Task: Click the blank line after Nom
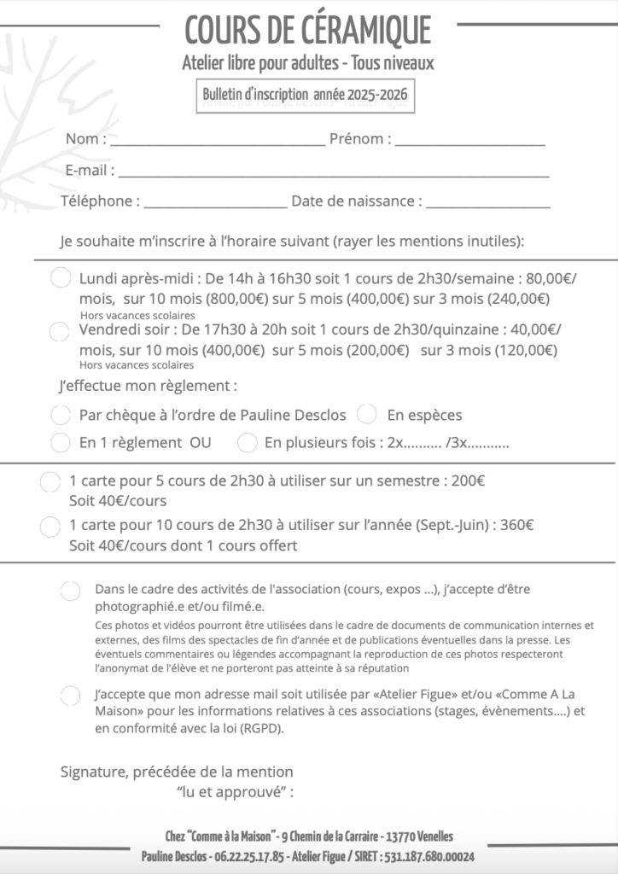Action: click(x=217, y=143)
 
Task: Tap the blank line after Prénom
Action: click(x=469, y=143)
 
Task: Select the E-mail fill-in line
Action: click(x=333, y=174)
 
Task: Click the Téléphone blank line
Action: click(x=215, y=206)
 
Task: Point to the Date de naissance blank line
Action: click(x=488, y=206)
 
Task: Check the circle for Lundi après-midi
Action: click(x=61, y=278)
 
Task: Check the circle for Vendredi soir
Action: click(x=61, y=330)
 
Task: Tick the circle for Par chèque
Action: click(x=61, y=416)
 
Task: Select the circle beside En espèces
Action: click(x=367, y=415)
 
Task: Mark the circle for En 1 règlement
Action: click(x=61, y=443)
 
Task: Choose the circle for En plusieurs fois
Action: click(x=248, y=443)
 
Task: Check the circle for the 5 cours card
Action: click(x=50, y=482)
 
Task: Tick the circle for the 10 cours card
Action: click(x=50, y=527)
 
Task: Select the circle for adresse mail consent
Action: click(x=71, y=696)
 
